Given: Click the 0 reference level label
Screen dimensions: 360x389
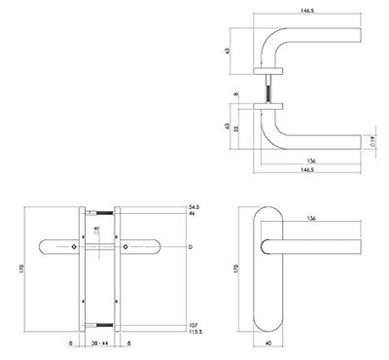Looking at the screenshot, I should [190, 249].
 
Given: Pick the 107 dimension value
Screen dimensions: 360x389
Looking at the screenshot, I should [194, 323].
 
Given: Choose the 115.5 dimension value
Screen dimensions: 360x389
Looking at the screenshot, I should [195, 333].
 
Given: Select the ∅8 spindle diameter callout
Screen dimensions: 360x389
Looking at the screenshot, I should [97, 231].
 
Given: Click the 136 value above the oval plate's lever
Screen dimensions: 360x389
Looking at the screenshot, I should [308, 218].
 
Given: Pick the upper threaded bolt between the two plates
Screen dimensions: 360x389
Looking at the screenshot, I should [100, 213].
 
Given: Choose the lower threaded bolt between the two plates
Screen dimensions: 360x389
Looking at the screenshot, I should [100, 323].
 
